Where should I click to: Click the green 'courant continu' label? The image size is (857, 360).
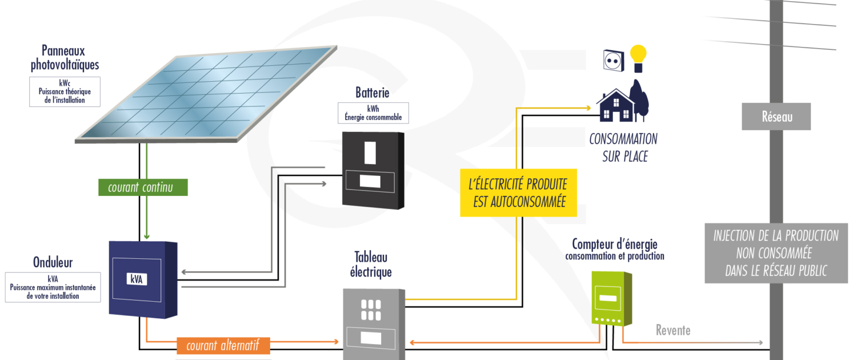point(140,187)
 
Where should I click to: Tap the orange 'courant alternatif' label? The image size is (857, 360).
point(222,345)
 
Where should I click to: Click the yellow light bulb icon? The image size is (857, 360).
point(638,58)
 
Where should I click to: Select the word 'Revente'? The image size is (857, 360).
point(672,330)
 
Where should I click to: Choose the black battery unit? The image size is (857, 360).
point(373,170)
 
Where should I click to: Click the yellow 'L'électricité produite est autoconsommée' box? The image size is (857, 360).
point(518,193)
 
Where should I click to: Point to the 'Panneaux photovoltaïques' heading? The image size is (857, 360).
point(65,58)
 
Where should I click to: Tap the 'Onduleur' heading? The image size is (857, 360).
point(53,263)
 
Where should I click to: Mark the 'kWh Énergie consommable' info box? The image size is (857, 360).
point(373,113)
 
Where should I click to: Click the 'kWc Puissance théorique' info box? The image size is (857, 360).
point(65,91)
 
